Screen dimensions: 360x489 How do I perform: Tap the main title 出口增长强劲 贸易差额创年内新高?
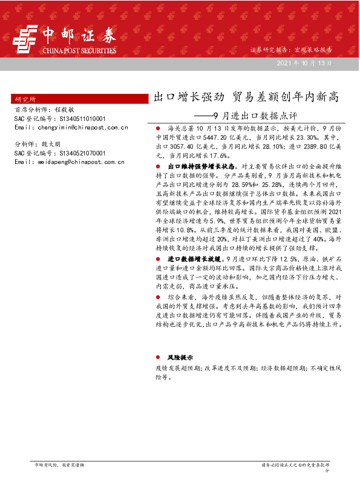pyautogui.click(x=244, y=97)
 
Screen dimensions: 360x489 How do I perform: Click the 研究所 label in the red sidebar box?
pyautogui.click(x=25, y=99)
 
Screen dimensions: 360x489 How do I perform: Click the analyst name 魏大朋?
pyautogui.click(x=51, y=145)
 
